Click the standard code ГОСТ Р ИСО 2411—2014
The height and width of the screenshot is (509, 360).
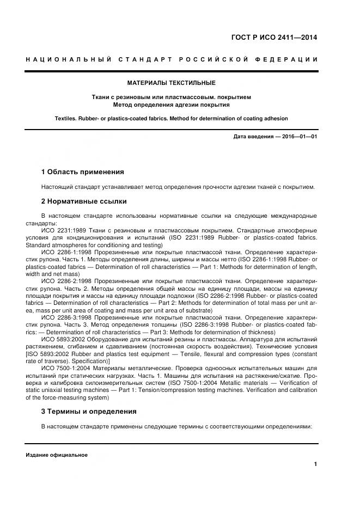(x=274, y=38)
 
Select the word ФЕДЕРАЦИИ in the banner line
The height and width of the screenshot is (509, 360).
(x=286, y=59)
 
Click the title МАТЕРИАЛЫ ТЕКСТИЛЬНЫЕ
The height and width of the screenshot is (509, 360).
(x=171, y=83)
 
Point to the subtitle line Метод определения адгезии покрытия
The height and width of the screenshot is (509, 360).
(x=171, y=105)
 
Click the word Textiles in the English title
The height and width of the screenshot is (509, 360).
(x=67, y=118)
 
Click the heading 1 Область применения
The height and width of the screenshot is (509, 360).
(x=83, y=172)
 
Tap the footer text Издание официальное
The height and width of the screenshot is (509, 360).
(x=57, y=455)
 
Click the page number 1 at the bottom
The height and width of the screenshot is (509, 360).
(x=315, y=464)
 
